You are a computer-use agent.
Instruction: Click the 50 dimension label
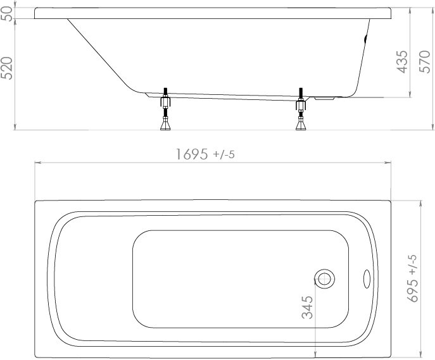[x=7, y=13]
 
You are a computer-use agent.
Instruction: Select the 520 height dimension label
[x=7, y=68]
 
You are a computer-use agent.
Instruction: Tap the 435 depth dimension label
[x=401, y=62]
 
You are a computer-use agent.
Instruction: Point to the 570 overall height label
[x=424, y=61]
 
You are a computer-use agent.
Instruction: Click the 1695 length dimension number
[x=192, y=154]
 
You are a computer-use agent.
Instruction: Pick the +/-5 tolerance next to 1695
[x=224, y=154]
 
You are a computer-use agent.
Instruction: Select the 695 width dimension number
[x=412, y=290]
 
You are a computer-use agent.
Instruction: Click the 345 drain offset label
[x=307, y=307]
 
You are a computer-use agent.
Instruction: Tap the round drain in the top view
[x=324, y=278]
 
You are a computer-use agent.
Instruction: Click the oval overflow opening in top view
[x=367, y=278]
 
